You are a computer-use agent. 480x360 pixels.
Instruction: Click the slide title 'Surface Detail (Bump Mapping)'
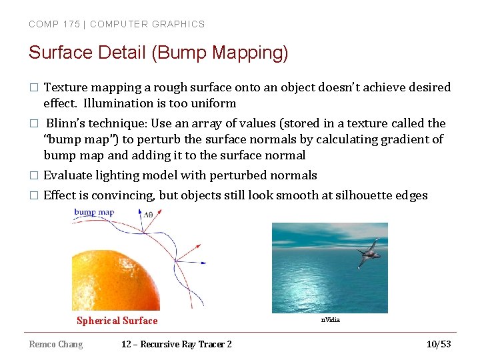click(x=158, y=53)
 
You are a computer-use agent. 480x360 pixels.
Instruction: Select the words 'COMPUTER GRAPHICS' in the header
click(x=147, y=24)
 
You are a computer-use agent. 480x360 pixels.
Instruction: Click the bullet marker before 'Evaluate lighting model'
click(x=33, y=176)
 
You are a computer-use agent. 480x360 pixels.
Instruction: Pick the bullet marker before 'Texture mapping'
click(x=33, y=88)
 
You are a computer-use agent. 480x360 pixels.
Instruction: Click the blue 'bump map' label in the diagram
click(x=94, y=213)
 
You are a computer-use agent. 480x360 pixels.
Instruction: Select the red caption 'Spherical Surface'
click(x=117, y=321)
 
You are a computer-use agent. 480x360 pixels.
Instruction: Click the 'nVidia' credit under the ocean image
click(x=330, y=320)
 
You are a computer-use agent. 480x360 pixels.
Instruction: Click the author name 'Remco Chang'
click(x=56, y=344)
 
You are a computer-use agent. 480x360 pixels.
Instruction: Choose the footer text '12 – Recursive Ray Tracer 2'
click(x=177, y=344)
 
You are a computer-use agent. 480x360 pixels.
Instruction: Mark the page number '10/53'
click(x=439, y=344)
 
